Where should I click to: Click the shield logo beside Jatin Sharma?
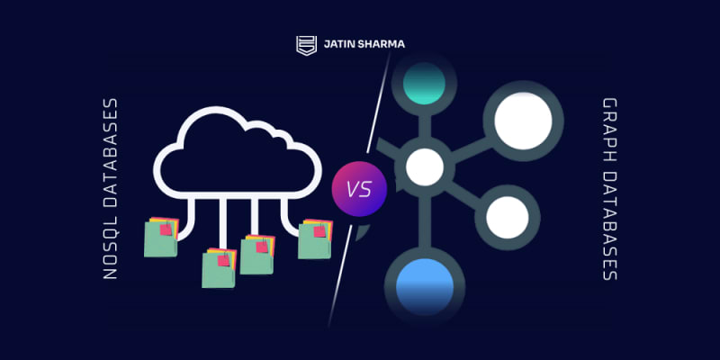point(306,46)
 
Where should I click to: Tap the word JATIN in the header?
point(337,45)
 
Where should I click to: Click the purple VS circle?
point(359,189)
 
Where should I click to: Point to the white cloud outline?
point(238,152)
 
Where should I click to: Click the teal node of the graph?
point(424,84)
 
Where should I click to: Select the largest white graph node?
point(523,121)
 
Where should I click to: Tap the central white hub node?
point(425,167)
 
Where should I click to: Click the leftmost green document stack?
point(161,237)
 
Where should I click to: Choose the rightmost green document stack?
point(315,238)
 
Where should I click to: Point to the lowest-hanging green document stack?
point(219,267)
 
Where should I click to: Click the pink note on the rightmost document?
point(319,231)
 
